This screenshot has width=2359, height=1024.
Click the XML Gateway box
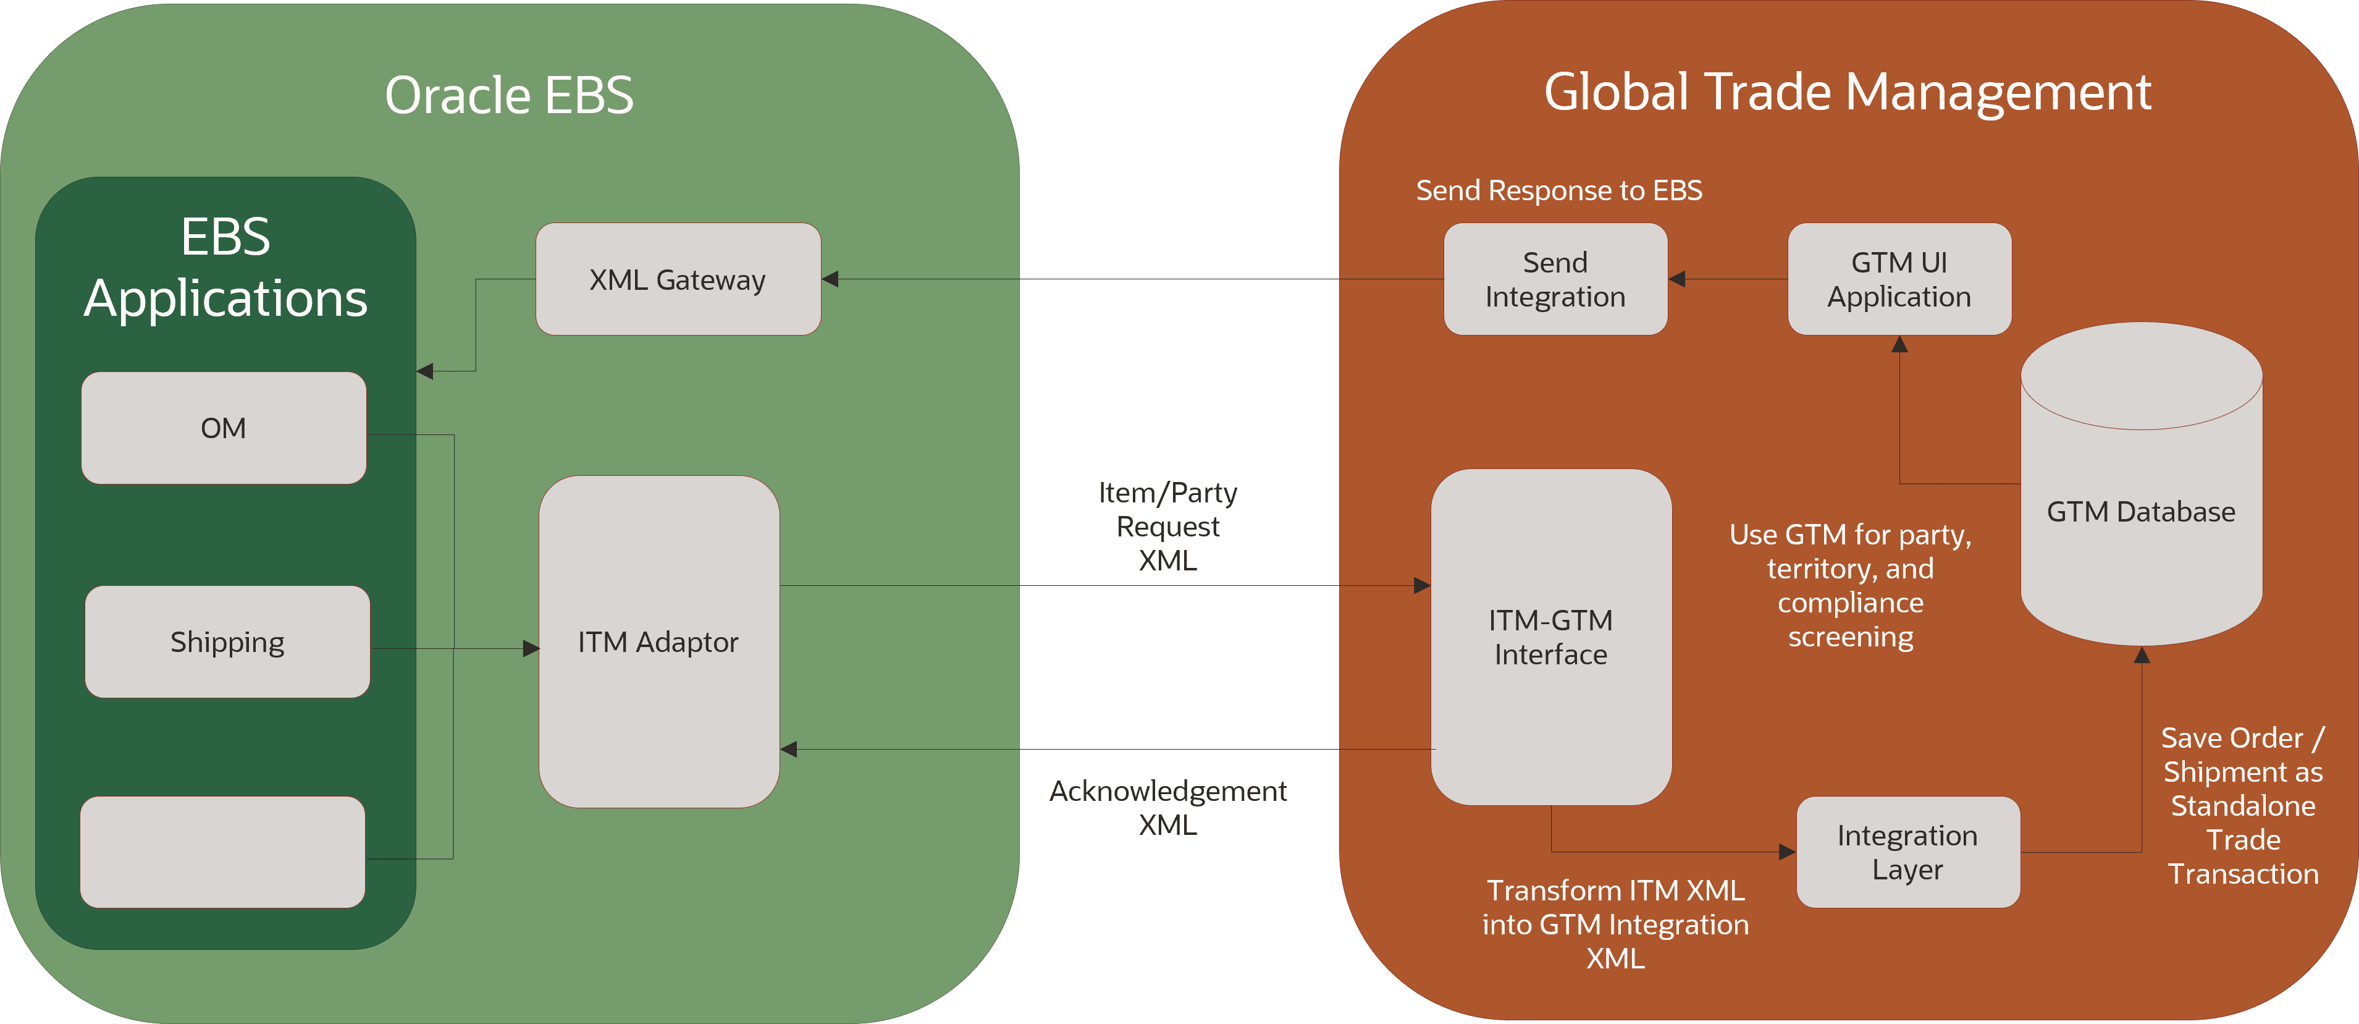coord(678,279)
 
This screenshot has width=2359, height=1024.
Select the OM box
coord(224,428)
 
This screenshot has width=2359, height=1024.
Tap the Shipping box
coord(227,642)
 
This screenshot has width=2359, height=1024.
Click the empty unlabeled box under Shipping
coord(222,852)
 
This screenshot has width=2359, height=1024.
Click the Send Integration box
coord(1555,279)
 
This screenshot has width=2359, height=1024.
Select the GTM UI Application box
coord(1899,279)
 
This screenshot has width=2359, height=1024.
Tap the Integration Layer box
coord(1907,852)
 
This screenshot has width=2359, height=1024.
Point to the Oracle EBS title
coord(509,95)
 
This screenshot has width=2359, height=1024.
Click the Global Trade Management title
coord(1847,93)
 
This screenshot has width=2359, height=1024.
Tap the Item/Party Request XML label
coord(1167,527)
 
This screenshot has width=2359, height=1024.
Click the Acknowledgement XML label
coord(1167,807)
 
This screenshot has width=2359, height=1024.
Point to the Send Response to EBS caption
coord(1558,190)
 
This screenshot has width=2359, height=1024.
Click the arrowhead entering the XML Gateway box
coord(830,279)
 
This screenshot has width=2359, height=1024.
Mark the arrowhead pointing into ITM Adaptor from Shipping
coord(531,648)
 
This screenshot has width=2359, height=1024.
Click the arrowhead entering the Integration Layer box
coord(1786,852)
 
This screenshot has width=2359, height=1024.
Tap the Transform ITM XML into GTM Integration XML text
coord(1615,924)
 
